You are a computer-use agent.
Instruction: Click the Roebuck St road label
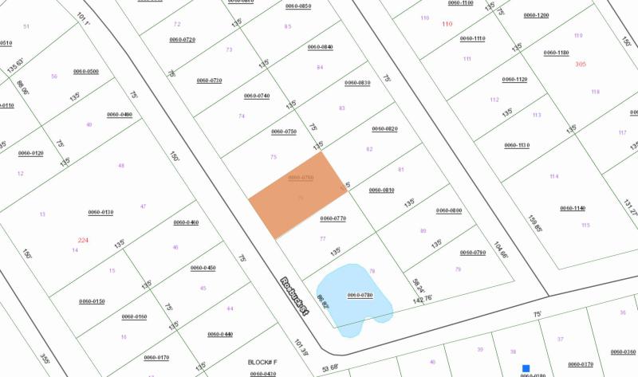click(x=293, y=295)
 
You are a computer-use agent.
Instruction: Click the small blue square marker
click(x=526, y=368)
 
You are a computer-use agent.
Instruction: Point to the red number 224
click(x=83, y=240)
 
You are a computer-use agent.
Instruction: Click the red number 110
click(x=447, y=24)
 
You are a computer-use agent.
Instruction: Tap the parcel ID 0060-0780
click(x=360, y=296)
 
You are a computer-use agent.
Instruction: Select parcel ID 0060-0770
click(x=333, y=218)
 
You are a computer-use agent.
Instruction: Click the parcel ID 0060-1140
click(x=573, y=208)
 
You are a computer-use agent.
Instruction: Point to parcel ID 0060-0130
click(x=101, y=212)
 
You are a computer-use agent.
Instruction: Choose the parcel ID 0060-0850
click(x=298, y=6)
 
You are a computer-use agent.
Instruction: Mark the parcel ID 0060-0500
click(x=86, y=71)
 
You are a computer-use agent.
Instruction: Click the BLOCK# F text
click(x=262, y=361)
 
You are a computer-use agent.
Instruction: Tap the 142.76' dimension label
click(x=422, y=298)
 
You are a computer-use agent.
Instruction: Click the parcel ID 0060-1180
click(x=557, y=53)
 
